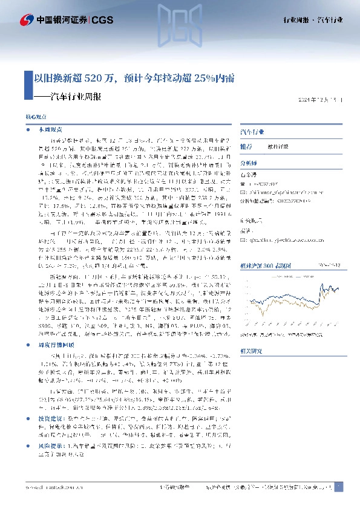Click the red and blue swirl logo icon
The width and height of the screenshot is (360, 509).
27,20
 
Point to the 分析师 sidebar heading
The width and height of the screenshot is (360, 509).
249,163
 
